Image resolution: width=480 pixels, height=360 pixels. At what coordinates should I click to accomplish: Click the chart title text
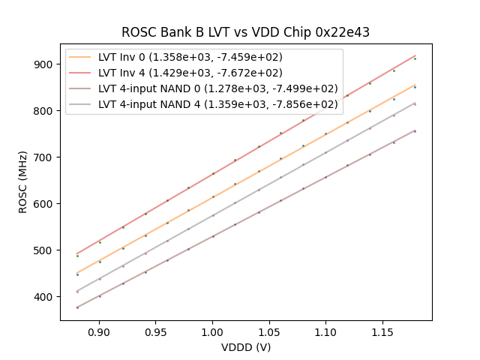[245, 32]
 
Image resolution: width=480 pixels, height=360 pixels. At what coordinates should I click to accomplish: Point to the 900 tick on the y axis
[60, 64]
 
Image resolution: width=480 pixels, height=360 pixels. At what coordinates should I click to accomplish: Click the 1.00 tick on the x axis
[212, 321]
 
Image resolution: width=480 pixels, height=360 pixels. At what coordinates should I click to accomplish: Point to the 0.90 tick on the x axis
[99, 321]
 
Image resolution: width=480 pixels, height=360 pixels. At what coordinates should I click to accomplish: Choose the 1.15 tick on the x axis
[382, 321]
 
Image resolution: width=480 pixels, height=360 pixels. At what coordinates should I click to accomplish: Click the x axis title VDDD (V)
[245, 347]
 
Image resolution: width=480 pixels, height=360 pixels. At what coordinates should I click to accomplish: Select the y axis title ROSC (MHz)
[23, 181]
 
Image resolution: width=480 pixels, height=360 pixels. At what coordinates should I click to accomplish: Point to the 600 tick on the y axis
[60, 204]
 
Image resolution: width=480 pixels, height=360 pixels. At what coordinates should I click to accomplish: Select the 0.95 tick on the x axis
[156, 321]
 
